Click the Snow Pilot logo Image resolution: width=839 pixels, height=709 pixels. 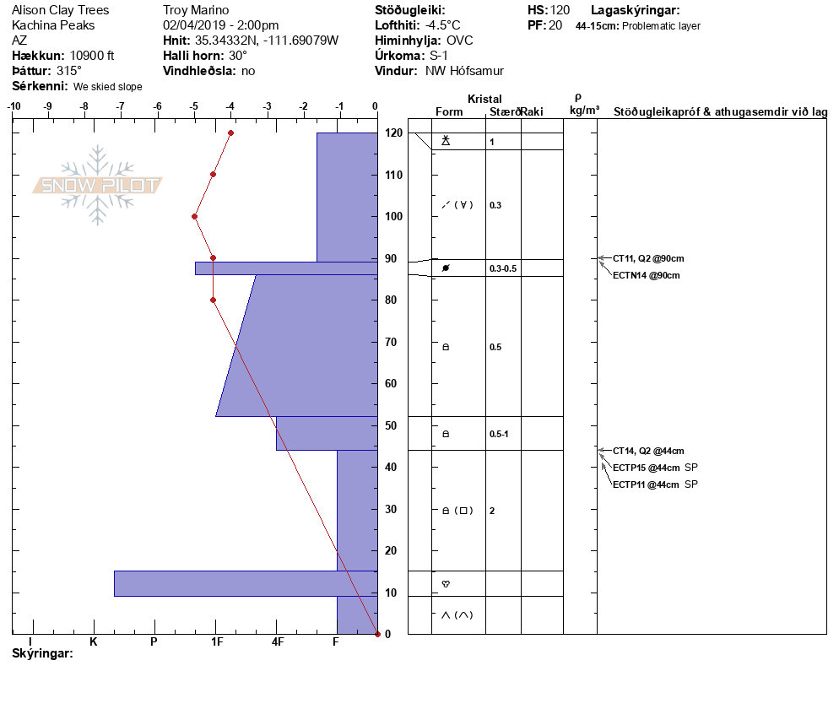pos(97,185)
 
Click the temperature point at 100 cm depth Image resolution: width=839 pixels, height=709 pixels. pos(195,217)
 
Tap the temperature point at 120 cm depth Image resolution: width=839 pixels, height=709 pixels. pos(230,133)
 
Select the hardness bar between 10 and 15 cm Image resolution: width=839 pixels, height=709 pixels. pos(246,584)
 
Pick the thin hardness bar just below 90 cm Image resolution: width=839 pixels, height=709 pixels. pos(286,268)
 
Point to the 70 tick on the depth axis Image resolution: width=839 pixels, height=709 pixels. pos(391,342)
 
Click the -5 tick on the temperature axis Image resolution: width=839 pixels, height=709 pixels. pos(193,106)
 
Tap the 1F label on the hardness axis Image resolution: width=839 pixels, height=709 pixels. pos(217,641)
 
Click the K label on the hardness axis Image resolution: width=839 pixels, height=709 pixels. pos(94,641)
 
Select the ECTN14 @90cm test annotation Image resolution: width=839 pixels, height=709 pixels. pos(646,275)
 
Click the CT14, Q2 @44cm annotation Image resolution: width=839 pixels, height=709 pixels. pos(648,451)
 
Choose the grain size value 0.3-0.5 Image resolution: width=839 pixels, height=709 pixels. pos(503,268)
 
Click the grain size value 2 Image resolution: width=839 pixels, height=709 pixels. pos(492,511)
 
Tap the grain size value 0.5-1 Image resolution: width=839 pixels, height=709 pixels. pos(499,434)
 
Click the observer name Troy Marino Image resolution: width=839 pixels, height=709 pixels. pos(196,10)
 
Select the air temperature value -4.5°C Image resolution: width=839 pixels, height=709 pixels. pos(443,25)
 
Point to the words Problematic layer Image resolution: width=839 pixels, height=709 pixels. pos(662,25)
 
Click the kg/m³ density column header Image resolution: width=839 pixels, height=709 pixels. pos(584,111)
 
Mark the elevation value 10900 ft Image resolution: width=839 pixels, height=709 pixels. pos(92,56)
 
